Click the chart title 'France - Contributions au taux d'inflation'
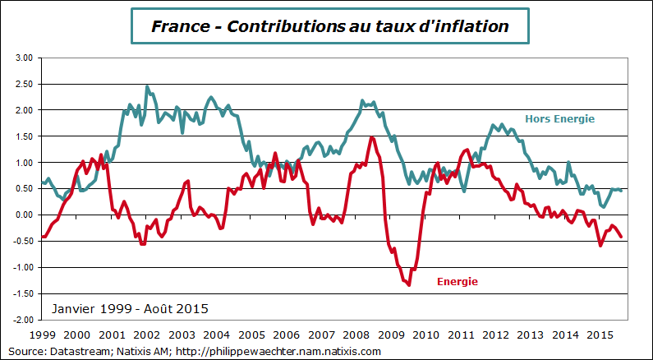pos(330,26)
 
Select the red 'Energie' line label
pos(457,281)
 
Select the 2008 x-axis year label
pos(356,335)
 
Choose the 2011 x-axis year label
pos(461,335)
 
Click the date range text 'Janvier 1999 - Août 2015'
pos(130,309)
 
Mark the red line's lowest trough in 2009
pos(408,284)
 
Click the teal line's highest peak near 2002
pos(147,86)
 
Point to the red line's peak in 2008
pos(371,137)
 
